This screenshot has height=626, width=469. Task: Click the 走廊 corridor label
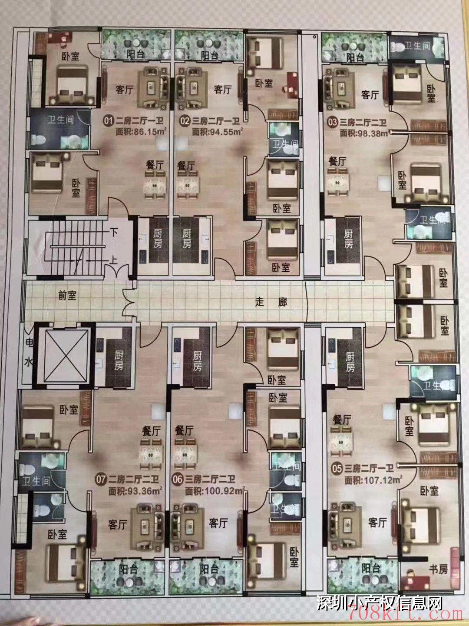point(271,302)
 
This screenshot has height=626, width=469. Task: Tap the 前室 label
point(67,295)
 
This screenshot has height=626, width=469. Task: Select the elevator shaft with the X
point(63,356)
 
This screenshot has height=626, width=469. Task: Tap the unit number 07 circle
point(101,480)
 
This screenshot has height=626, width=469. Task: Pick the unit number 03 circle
point(333,123)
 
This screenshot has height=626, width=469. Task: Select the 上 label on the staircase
point(114,261)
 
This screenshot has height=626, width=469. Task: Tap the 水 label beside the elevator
point(28,363)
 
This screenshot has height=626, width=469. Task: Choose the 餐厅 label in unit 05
point(342,420)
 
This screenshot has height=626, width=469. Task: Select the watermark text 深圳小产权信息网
point(380,603)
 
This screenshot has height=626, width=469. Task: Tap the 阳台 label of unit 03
point(355,57)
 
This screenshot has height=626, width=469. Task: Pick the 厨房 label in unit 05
point(350,362)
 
